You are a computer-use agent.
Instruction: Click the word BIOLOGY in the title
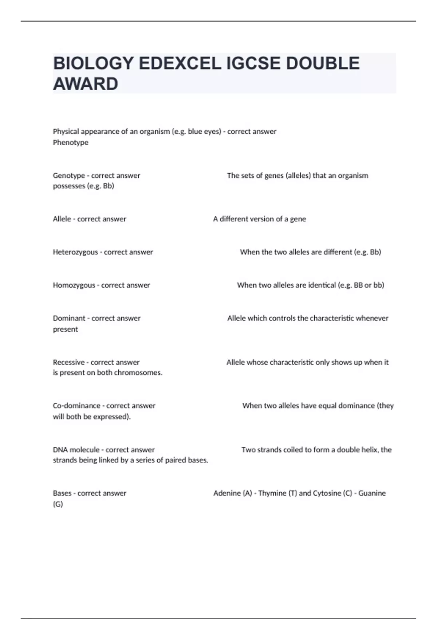pos(93,63)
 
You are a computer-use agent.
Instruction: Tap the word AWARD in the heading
pos(86,84)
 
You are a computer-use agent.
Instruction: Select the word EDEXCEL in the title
pos(180,63)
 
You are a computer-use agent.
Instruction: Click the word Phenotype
pos(71,142)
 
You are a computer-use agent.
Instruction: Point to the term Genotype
pos(69,176)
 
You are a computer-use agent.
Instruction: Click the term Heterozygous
pos(75,252)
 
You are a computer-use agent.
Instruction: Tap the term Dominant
pos(69,318)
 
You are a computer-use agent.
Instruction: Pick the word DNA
pos(60,450)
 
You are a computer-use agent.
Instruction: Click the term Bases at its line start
pos(62,493)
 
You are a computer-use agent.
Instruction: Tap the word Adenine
pos(227,493)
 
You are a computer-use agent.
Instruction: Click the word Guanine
pos(372,493)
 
